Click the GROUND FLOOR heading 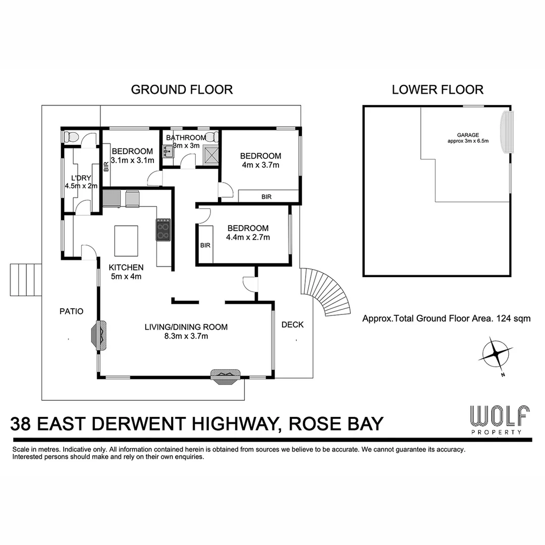click(182, 90)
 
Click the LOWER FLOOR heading click(438, 90)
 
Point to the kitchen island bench click(127, 241)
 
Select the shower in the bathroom click(210, 154)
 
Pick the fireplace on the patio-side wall click(99, 336)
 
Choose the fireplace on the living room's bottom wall click(226, 376)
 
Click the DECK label click(293, 324)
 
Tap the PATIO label click(71, 311)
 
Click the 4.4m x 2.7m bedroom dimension click(247, 237)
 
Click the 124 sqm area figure click(513, 318)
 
